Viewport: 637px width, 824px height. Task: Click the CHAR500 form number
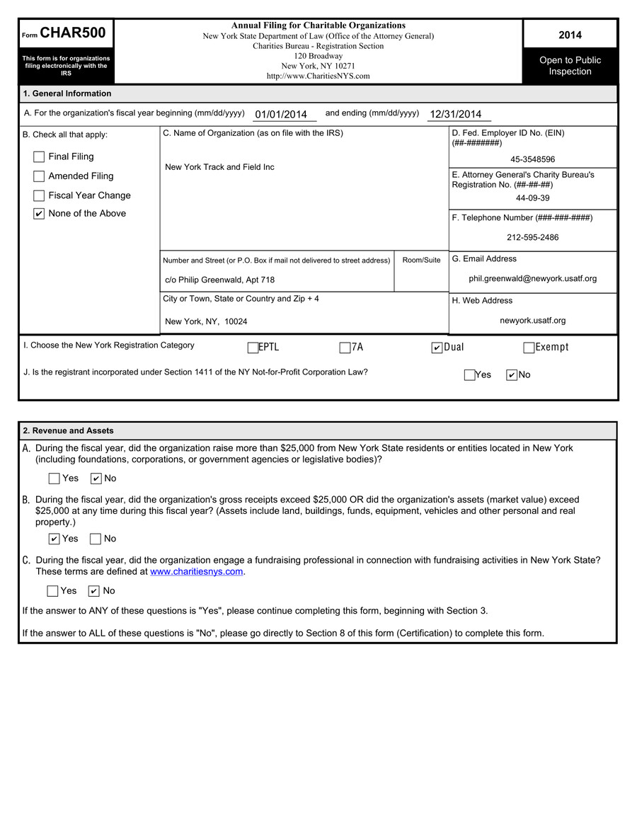(x=73, y=33)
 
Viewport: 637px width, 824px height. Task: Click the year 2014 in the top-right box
(x=570, y=35)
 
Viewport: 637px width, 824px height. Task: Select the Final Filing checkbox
(x=39, y=157)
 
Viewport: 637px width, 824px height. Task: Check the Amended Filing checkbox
(x=39, y=176)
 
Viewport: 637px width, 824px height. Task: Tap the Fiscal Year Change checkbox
(x=39, y=195)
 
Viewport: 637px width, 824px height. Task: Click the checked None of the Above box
(x=39, y=214)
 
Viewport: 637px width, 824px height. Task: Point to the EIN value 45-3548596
(x=532, y=160)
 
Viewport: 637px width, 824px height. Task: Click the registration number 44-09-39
(x=532, y=198)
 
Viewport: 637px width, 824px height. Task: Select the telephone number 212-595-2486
(x=532, y=237)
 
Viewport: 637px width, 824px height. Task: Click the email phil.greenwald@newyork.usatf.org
(x=532, y=279)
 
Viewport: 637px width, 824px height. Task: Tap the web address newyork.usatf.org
(x=532, y=321)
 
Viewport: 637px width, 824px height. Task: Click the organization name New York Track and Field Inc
(x=219, y=167)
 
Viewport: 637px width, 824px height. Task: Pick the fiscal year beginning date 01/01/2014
(x=281, y=115)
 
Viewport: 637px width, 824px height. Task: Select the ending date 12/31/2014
(x=455, y=115)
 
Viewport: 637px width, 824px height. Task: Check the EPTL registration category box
(x=253, y=348)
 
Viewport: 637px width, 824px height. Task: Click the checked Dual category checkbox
(x=437, y=348)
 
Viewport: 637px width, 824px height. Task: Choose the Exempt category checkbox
(x=529, y=348)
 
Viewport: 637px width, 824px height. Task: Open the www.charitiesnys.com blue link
(x=196, y=571)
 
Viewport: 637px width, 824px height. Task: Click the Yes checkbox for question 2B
(x=54, y=539)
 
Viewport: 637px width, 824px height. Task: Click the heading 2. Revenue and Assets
(x=68, y=430)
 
